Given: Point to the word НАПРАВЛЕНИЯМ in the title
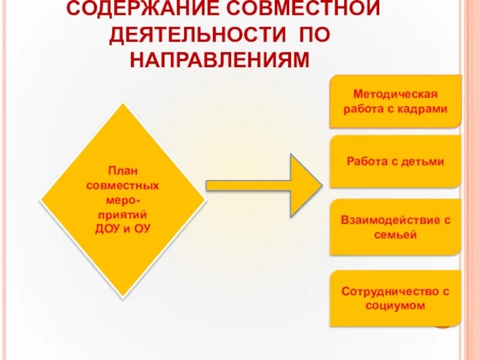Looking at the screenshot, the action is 219,60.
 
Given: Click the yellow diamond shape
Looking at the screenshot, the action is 122,199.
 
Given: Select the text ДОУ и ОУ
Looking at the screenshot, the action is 122,229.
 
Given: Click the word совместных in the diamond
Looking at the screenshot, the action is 122,185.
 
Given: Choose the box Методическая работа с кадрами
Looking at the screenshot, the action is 395,101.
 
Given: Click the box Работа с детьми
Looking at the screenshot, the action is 395,161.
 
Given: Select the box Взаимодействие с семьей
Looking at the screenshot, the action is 395,227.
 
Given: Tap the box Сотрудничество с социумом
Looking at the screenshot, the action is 395,298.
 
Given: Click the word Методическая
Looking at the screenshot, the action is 395,94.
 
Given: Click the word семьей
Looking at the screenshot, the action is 395,235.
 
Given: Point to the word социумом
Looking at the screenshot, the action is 395,305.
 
